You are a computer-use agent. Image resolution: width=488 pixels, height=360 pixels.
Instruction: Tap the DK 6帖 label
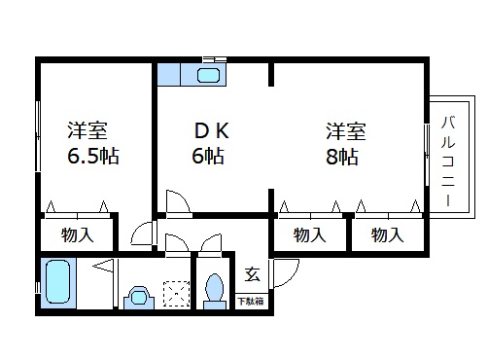[207, 143]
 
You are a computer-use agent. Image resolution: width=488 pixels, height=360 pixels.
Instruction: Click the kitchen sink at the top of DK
[208, 75]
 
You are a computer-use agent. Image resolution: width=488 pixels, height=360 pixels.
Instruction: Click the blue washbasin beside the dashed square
[138, 294]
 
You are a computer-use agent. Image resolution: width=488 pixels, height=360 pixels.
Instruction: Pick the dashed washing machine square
[176, 293]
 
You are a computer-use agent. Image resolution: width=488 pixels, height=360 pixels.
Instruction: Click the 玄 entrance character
[250, 273]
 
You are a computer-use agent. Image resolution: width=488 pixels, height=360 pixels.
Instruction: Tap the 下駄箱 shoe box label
[251, 302]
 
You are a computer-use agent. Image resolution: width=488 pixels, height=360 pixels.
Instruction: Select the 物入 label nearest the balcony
[387, 234]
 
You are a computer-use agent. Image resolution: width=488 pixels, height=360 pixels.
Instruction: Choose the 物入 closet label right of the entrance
[309, 234]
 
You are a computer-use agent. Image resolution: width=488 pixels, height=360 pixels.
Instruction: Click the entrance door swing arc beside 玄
[279, 273]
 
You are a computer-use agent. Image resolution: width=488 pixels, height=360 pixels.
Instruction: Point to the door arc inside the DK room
[179, 202]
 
